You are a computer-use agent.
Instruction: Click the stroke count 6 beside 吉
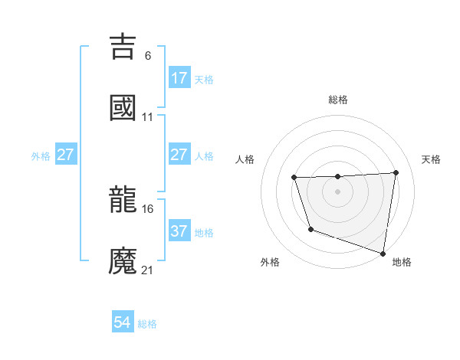coord(147,56)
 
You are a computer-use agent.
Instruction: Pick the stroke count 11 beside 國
coord(148,117)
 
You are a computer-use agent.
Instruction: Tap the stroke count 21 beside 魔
coord(148,270)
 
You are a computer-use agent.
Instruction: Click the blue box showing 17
coord(179,78)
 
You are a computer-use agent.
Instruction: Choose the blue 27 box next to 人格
coord(179,155)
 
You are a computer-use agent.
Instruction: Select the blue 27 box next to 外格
coord(66,155)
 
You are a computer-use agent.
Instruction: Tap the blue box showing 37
coord(179,231)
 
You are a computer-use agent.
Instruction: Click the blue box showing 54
coord(123,323)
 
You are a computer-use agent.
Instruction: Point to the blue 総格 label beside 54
coord(147,324)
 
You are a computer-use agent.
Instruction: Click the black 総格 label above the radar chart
coord(337,100)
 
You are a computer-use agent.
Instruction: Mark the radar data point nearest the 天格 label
coord(396,172)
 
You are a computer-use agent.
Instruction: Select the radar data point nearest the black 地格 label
coord(383,253)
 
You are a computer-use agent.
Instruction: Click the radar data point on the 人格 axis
coord(294,178)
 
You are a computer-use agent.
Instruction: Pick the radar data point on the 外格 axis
coord(310,229)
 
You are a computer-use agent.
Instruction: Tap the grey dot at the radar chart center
coord(337,191)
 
